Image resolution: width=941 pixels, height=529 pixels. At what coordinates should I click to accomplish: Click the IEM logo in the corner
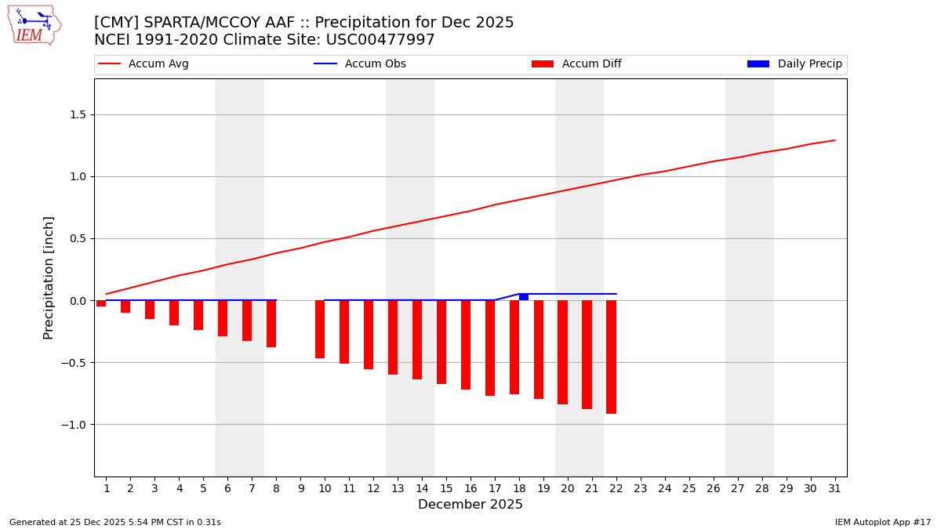pyautogui.click(x=34, y=25)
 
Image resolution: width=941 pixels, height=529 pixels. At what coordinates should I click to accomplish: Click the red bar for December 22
pyautogui.click(x=611, y=357)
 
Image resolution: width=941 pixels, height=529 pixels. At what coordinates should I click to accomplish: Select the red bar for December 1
pyautogui.click(x=101, y=303)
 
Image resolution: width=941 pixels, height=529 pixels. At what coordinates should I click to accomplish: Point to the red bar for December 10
pyautogui.click(x=320, y=329)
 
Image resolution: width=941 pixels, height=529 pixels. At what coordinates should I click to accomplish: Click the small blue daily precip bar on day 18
pyautogui.click(x=524, y=297)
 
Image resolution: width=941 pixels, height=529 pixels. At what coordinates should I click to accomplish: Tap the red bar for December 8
pyautogui.click(x=271, y=324)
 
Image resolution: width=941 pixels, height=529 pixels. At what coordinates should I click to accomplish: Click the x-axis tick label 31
pyautogui.click(x=834, y=489)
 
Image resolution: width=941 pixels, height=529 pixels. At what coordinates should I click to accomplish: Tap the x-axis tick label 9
pyautogui.click(x=300, y=489)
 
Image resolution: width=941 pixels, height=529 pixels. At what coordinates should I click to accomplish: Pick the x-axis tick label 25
pyautogui.click(x=688, y=489)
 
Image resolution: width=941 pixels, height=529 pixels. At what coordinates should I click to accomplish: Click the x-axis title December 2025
pyautogui.click(x=470, y=505)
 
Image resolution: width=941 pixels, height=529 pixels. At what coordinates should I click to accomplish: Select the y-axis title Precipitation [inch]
pyautogui.click(x=49, y=277)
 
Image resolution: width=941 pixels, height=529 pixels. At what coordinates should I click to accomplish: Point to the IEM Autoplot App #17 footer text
pyautogui.click(x=882, y=522)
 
